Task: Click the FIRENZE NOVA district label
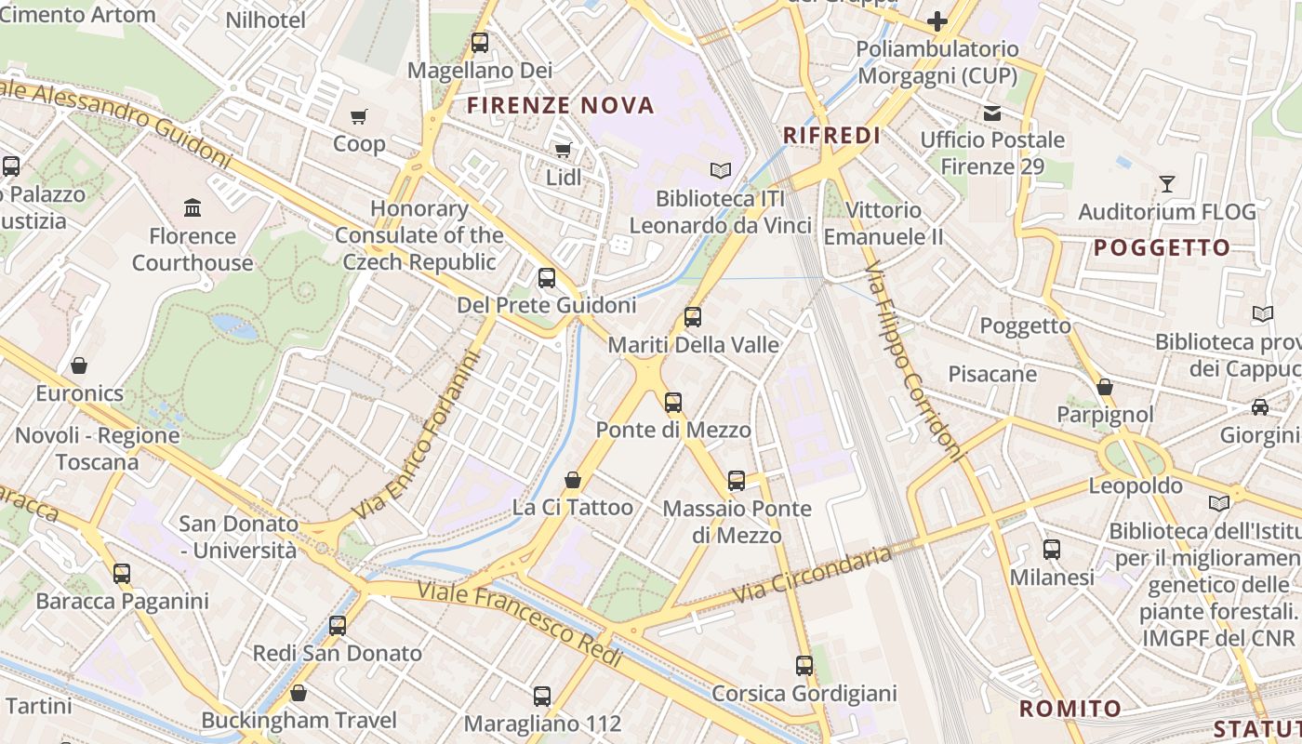point(561,105)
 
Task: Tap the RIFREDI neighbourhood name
point(831,136)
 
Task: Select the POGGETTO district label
point(1162,248)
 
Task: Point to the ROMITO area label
point(1070,709)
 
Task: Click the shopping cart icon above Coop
point(359,116)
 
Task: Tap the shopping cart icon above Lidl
point(563,150)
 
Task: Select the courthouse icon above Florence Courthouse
point(193,206)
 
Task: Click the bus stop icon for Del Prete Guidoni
point(547,277)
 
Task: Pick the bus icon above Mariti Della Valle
point(693,317)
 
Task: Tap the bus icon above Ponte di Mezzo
point(673,403)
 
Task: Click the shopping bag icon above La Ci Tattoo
point(573,480)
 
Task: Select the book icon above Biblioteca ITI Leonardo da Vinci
point(721,170)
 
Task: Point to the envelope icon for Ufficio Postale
point(992,113)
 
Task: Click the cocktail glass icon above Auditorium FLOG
point(1167,184)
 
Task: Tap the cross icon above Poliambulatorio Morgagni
point(937,20)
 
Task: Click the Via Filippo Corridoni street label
point(913,362)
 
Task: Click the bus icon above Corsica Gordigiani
point(804,666)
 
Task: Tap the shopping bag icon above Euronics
point(79,365)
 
